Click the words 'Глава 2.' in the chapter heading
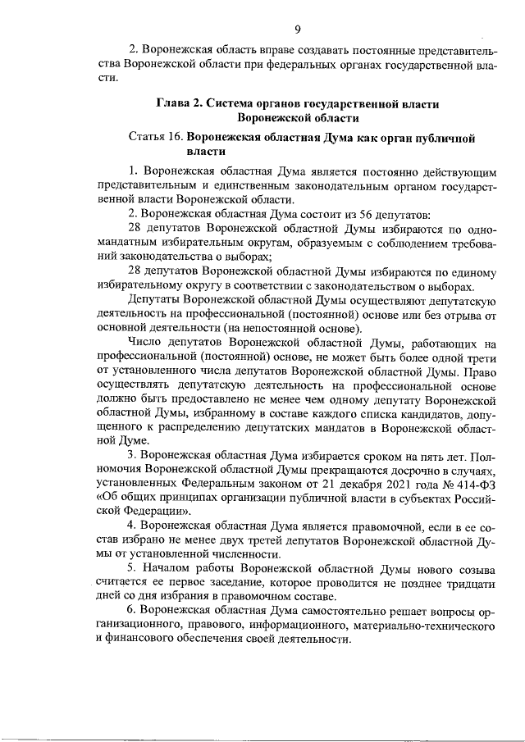[x=179, y=104]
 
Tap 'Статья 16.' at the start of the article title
[x=156, y=138]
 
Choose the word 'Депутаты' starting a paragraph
[x=154, y=300]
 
